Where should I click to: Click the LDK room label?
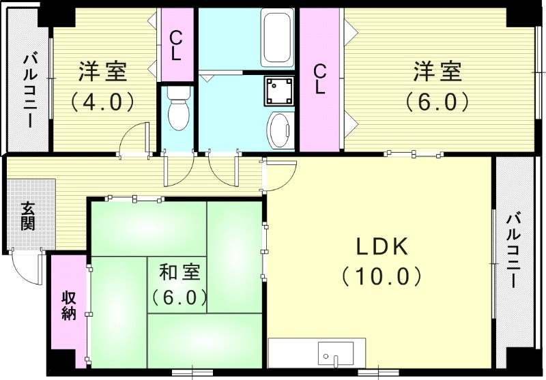pos(381,246)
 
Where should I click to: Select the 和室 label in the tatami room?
pos(179,272)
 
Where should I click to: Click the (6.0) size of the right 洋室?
pos(437,101)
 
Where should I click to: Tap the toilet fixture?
pos(177,109)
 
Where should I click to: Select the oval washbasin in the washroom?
pos(281,129)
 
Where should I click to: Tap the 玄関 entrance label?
pos(28,216)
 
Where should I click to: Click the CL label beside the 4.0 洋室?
pos(176,45)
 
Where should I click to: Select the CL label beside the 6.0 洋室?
pos(319,78)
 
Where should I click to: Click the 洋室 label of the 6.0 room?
pos(437,71)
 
